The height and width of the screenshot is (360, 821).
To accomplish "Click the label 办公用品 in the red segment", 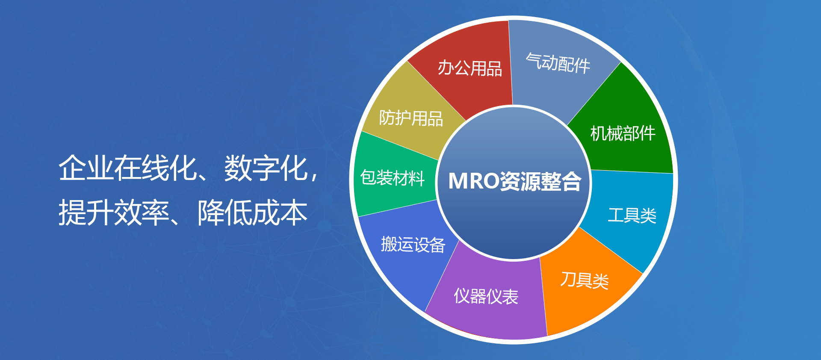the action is point(470,68).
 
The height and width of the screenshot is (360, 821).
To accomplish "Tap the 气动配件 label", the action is point(558,63).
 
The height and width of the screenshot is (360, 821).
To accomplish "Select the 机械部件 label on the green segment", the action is point(623,133).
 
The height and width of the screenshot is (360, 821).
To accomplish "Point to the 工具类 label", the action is point(632,215).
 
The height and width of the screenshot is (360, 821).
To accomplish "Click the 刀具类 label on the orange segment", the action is point(585,280).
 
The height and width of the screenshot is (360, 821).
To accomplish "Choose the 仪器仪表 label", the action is point(486,296).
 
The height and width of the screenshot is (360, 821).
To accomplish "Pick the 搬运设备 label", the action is point(413,245).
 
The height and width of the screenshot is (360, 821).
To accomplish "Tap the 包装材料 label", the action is point(393,178).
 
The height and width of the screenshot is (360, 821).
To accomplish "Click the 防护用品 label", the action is point(411,118).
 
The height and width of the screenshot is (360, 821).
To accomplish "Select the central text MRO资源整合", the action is point(515,181).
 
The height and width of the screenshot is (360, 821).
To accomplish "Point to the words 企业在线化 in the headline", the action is point(128,168).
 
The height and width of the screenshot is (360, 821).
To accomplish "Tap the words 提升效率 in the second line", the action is point(114,212).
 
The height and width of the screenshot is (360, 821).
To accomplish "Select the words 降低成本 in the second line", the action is point(253,212).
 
